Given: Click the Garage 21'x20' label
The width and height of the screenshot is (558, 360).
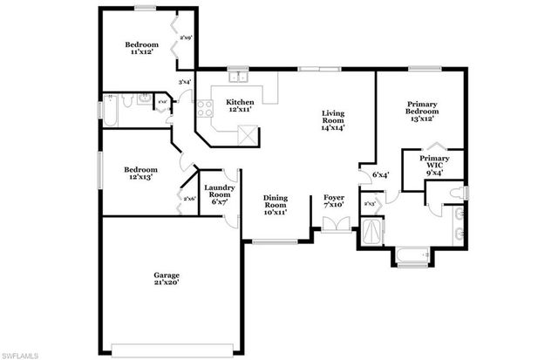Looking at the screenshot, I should pos(167,280).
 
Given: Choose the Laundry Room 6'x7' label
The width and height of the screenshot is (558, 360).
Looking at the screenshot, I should pos(217,193).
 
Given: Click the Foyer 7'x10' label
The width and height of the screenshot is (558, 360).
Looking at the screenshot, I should pos(334,203).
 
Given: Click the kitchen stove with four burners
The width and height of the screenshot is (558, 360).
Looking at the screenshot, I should pos(206,109).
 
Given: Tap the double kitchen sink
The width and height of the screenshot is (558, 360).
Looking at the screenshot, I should pos(235,77).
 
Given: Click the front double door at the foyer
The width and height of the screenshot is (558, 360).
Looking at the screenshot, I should pos(334,224).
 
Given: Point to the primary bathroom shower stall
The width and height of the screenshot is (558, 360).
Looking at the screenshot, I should pos(373,230).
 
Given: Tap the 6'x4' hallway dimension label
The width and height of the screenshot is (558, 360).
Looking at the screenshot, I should pos(380,174).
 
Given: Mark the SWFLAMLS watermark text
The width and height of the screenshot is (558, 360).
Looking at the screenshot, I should pos(20,354).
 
